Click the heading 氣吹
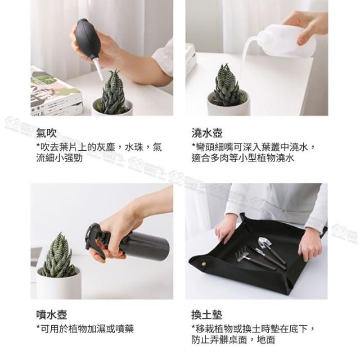pyautogui.click(x=46, y=133)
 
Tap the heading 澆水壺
pyautogui.click(x=207, y=133)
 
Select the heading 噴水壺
pyautogui.click(x=52, y=314)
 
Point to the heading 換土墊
pyautogui.click(x=207, y=314)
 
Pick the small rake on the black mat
pyautogui.click(x=255, y=261)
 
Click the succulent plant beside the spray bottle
pyautogui.click(x=58, y=255)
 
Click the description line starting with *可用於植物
pyautogui.click(x=85, y=328)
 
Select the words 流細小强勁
pyautogui.click(x=60, y=158)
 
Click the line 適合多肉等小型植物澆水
pyautogui.click(x=242, y=158)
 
